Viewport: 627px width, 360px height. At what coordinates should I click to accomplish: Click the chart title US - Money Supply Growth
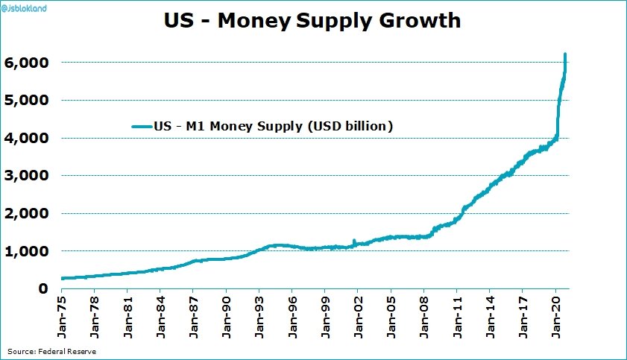[x=312, y=22]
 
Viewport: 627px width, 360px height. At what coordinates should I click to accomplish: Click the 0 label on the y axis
[x=43, y=289]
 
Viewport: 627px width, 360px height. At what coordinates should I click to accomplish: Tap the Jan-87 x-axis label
[x=193, y=316]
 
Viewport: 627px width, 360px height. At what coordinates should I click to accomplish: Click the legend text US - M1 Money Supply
[x=273, y=127]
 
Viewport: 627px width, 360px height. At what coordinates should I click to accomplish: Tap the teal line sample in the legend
[x=140, y=127]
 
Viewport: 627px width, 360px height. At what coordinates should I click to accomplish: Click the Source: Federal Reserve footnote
[x=52, y=350]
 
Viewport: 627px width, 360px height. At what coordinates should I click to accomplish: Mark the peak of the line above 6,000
[x=565, y=54]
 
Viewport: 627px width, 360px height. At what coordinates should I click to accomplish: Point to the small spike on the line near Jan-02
[x=353, y=240]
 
